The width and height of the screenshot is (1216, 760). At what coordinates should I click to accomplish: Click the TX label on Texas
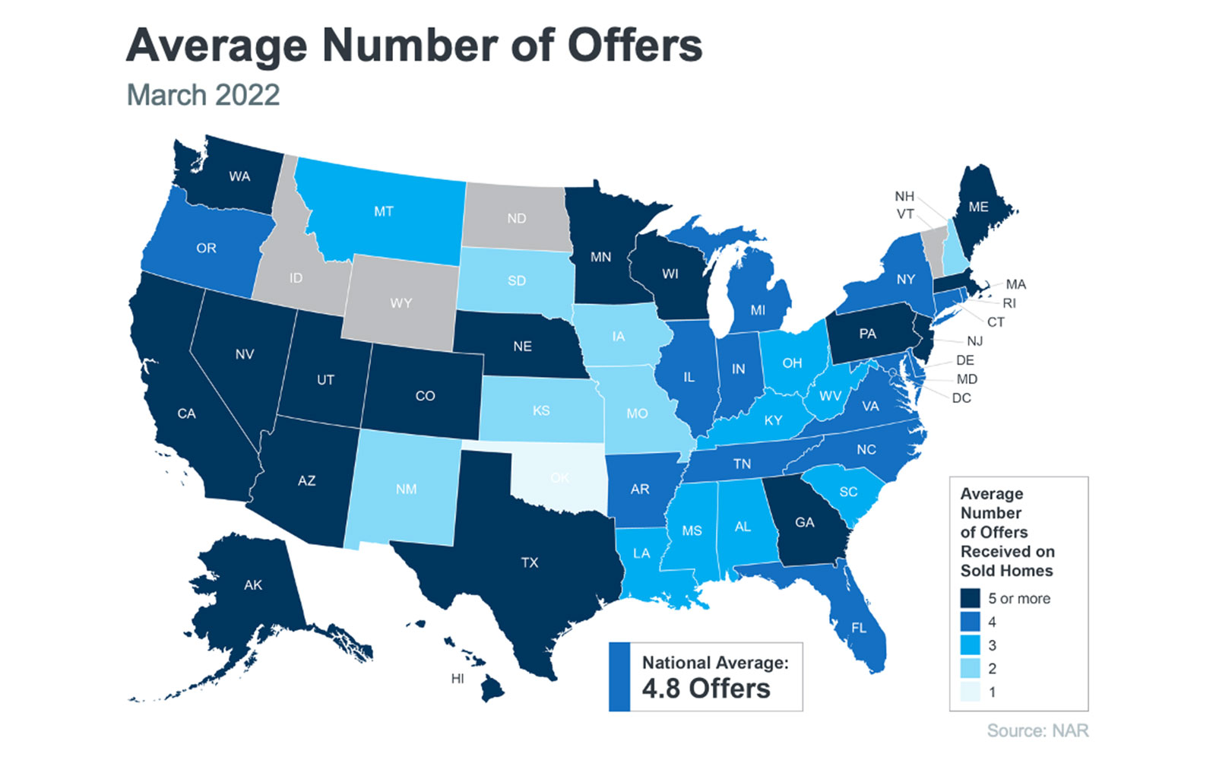(x=530, y=562)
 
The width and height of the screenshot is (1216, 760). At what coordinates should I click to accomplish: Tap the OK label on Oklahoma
(x=559, y=478)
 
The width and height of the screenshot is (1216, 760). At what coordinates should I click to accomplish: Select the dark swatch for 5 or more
(x=970, y=599)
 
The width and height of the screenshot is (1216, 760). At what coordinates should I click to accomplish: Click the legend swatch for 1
(x=970, y=692)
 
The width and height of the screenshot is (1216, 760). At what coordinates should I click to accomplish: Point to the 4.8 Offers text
(x=706, y=689)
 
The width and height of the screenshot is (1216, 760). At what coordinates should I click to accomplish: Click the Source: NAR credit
(x=1037, y=731)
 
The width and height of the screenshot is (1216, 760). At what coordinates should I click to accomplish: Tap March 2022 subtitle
(x=203, y=95)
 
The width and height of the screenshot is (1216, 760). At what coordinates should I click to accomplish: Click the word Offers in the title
(x=635, y=46)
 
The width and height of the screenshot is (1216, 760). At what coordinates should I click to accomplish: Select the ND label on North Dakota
(x=517, y=219)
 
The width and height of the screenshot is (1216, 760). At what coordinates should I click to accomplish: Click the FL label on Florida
(x=859, y=628)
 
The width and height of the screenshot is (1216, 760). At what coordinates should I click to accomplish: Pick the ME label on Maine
(x=978, y=207)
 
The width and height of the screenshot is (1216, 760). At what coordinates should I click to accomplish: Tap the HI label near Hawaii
(x=458, y=679)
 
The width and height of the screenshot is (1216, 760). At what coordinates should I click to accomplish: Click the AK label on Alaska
(x=253, y=585)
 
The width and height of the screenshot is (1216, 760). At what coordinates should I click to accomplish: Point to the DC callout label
(x=961, y=398)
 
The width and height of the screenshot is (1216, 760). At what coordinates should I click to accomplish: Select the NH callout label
(x=904, y=196)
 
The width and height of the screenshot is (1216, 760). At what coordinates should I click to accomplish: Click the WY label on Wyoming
(x=401, y=303)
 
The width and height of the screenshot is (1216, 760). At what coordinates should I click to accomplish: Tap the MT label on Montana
(x=384, y=211)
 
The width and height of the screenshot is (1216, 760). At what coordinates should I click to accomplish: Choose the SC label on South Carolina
(x=848, y=492)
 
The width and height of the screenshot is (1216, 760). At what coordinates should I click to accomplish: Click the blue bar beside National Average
(x=619, y=677)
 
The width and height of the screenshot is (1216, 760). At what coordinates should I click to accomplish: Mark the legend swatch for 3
(x=970, y=646)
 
